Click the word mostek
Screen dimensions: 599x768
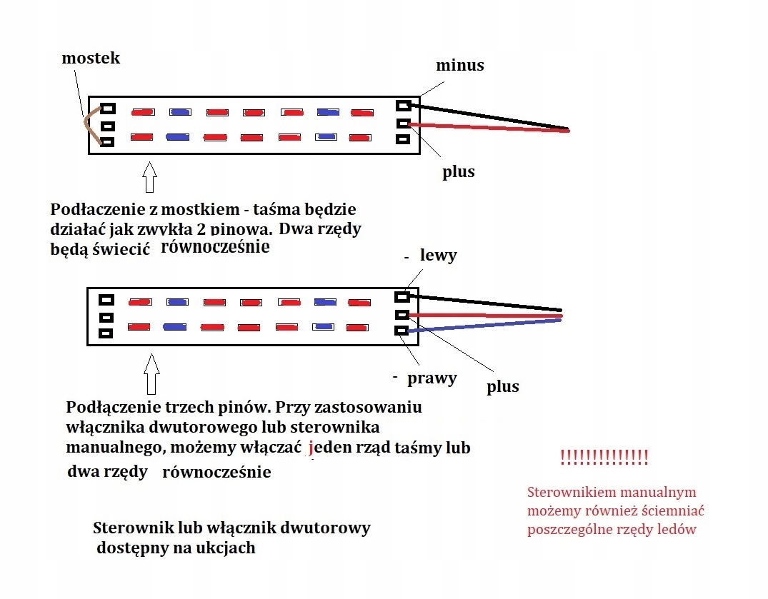pos(91,59)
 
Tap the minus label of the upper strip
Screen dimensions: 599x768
pos(460,66)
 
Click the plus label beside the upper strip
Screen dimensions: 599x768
pos(458,171)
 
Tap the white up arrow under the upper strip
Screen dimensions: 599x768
pos(149,178)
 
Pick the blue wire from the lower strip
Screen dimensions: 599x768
pos(486,326)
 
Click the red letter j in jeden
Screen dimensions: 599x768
pos(311,448)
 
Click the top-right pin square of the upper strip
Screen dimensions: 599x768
pos(404,106)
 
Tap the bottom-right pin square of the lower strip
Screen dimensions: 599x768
pos(402,331)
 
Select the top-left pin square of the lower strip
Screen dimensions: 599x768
pos(107,301)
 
